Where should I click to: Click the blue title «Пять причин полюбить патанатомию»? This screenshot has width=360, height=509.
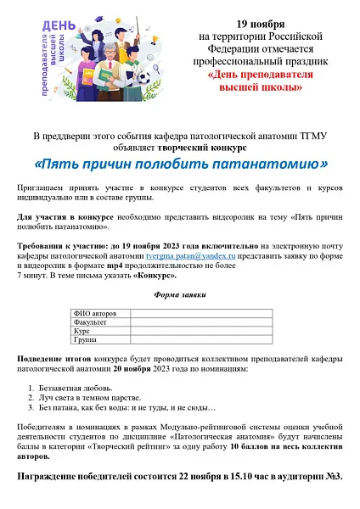point(180,161)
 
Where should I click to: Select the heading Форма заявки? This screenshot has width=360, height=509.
point(180,294)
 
